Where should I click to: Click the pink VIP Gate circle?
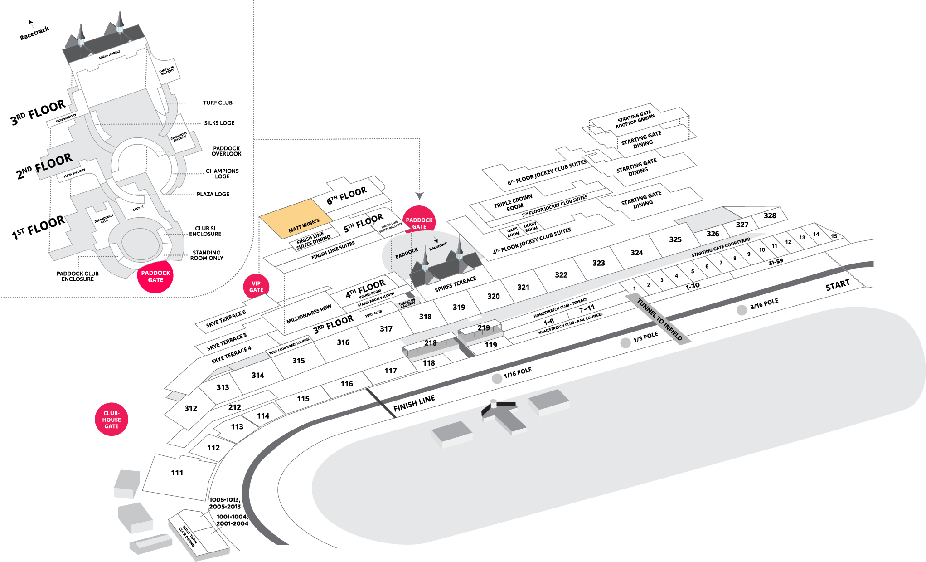(256, 287)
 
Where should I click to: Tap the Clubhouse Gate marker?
(112, 420)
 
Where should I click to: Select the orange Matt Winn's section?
(297, 218)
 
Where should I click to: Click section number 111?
(177, 473)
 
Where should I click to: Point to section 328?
(770, 216)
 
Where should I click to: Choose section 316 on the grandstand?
(343, 342)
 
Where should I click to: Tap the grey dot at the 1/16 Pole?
(497, 379)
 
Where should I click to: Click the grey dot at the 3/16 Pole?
(742, 310)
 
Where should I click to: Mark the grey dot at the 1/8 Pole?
(625, 343)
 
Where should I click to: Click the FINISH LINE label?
(414, 403)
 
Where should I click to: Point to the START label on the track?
(837, 286)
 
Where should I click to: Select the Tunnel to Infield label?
(659, 319)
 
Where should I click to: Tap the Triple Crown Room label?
(513, 203)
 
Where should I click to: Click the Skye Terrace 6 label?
(226, 318)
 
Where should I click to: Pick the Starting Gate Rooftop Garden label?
(635, 119)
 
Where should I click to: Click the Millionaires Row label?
(309, 314)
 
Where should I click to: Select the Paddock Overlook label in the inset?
(226, 151)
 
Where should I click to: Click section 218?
(430, 343)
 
